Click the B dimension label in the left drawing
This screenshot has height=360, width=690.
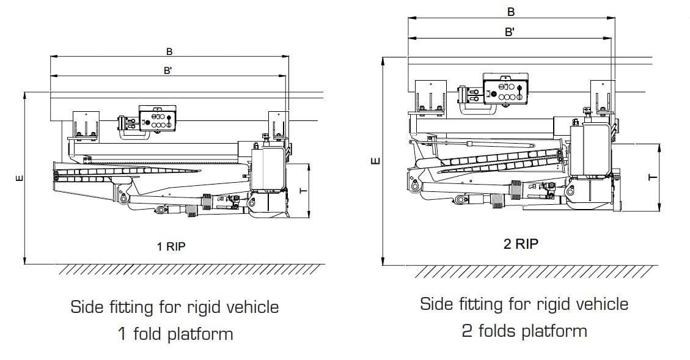(x=169, y=51)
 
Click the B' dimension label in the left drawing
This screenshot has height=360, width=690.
(x=167, y=70)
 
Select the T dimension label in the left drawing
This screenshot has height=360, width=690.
(x=301, y=190)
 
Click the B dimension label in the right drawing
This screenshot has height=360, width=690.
(x=511, y=12)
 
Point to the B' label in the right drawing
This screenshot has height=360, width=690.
(x=509, y=32)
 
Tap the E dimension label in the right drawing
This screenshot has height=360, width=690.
(x=376, y=161)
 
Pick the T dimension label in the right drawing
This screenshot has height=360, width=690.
(x=652, y=177)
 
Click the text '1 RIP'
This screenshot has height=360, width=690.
(x=171, y=247)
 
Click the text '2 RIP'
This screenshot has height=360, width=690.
(x=521, y=243)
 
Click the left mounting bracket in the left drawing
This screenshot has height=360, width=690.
(x=85, y=125)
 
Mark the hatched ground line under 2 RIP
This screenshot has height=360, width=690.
(x=535, y=271)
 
